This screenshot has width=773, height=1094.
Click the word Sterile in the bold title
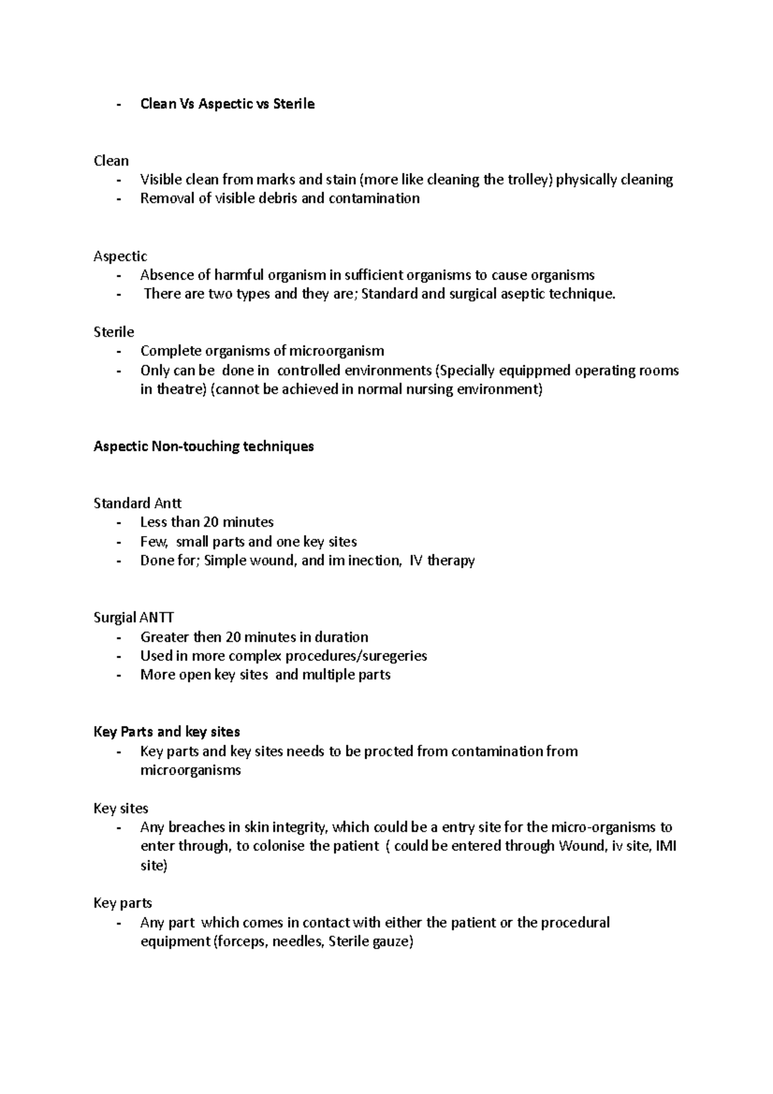tap(294, 104)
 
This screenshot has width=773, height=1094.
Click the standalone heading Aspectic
tap(120, 256)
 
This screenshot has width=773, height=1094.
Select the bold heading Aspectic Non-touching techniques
tap(204, 446)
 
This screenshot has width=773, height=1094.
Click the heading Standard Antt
tap(138, 503)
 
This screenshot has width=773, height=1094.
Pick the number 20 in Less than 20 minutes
tap(211, 523)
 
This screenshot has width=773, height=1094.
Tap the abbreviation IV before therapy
tap(416, 561)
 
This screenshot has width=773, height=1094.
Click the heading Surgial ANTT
tap(134, 617)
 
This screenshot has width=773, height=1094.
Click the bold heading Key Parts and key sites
tap(167, 732)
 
